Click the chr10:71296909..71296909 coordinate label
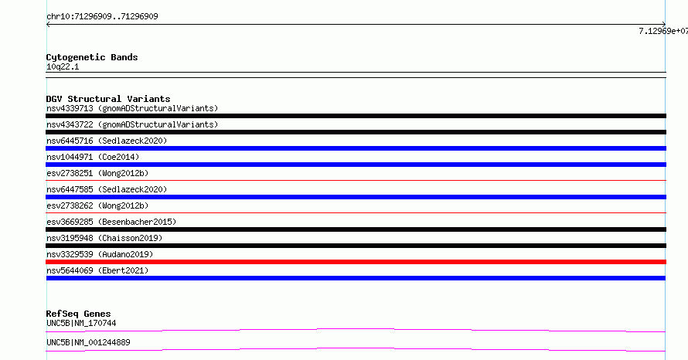click(102, 17)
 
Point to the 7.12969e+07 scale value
click(663, 31)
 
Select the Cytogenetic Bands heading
click(92, 57)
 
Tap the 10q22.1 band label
click(63, 66)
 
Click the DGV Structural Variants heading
click(108, 99)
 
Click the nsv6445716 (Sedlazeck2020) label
click(107, 141)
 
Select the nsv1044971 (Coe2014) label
click(93, 157)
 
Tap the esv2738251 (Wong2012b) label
click(97, 173)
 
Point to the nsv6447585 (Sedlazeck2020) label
click(107, 189)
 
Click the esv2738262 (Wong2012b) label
click(97, 205)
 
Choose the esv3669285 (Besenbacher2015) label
click(111, 222)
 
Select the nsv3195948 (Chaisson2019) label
click(104, 238)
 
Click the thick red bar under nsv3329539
click(356, 262)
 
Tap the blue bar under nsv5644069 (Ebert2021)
click(356, 278)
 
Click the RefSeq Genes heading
click(79, 314)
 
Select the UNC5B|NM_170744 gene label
click(81, 323)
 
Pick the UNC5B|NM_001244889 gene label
click(88, 342)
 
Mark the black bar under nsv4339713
click(356, 116)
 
